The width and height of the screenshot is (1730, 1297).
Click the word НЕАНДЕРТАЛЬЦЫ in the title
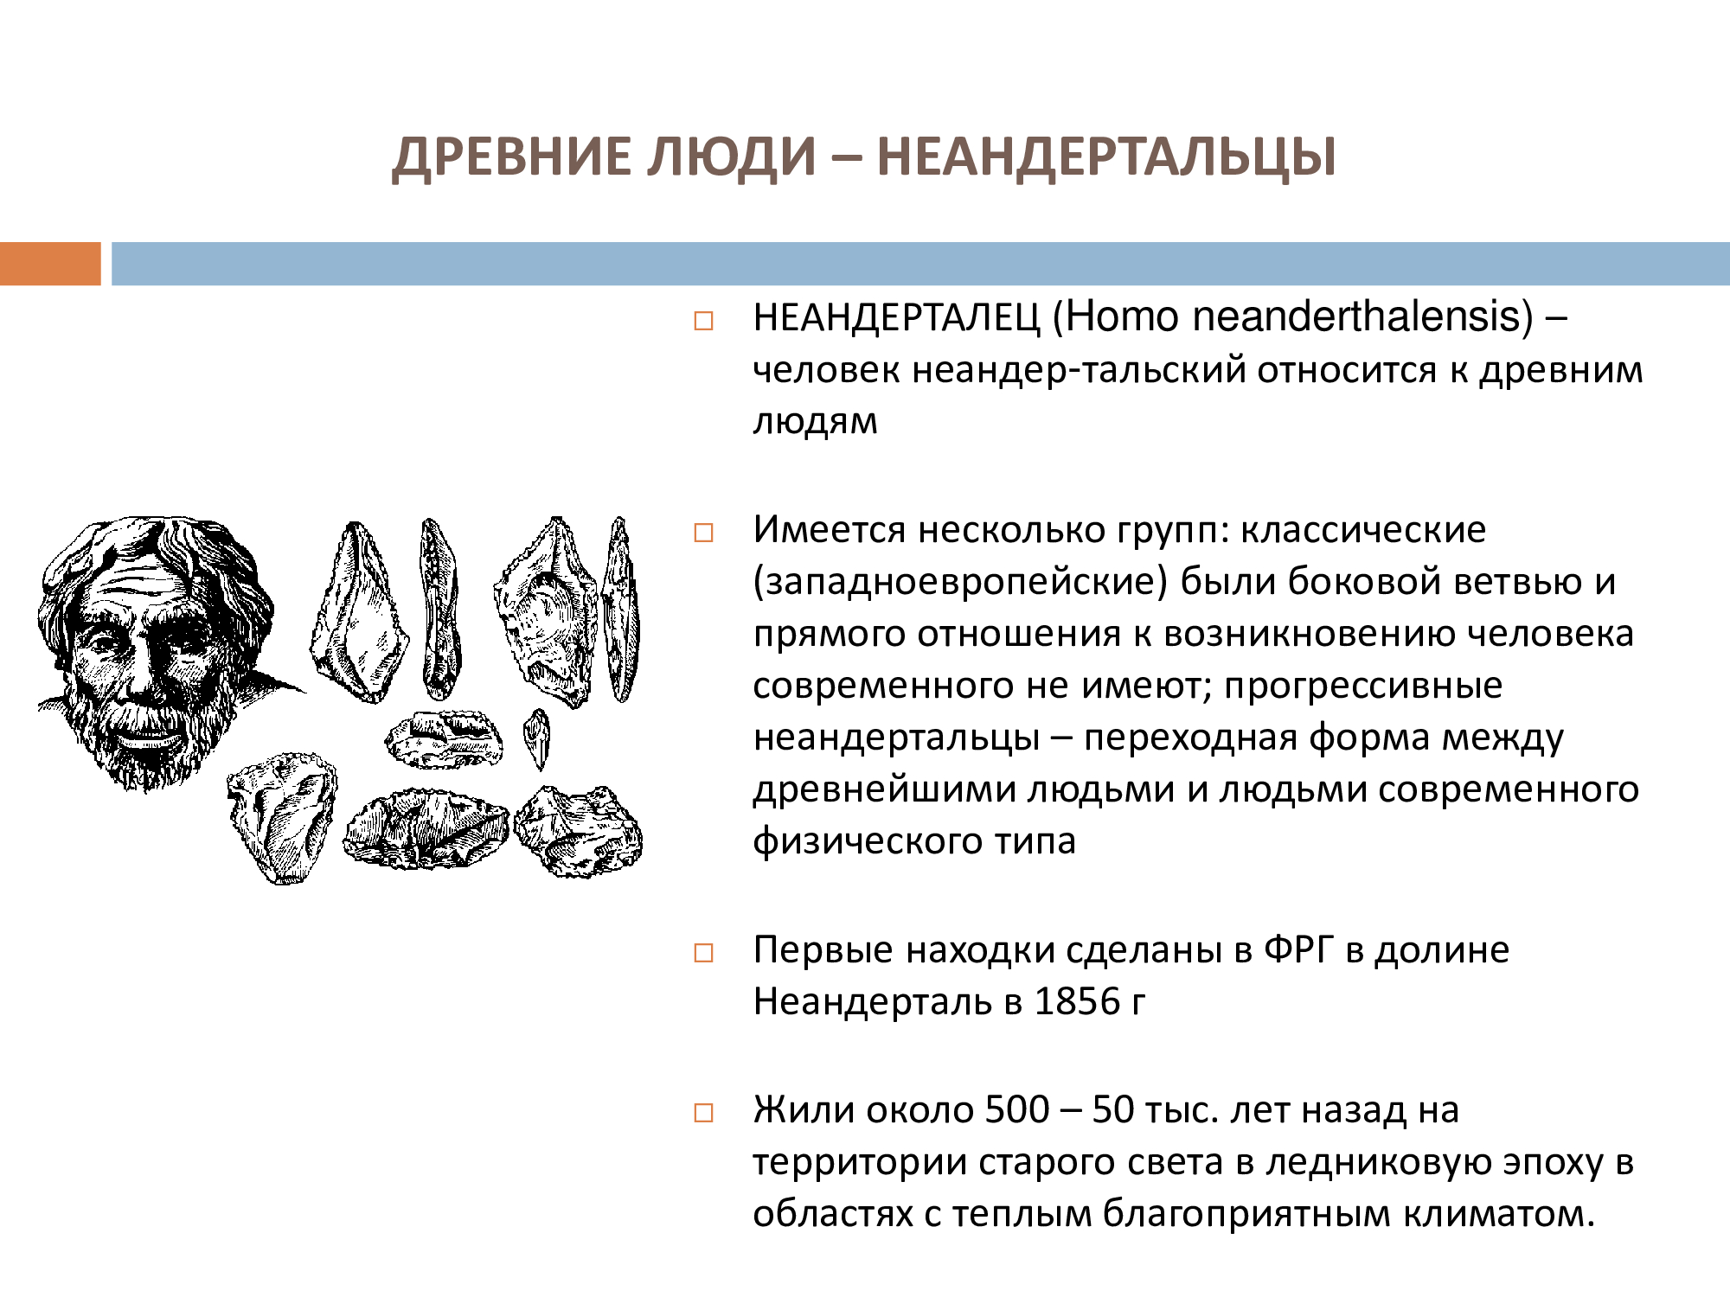[x=1107, y=157]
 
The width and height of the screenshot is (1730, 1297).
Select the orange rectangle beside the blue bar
[x=50, y=264]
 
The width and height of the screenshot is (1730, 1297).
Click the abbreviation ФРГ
[x=1299, y=949]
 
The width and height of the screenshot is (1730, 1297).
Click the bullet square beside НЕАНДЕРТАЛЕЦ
[x=704, y=322]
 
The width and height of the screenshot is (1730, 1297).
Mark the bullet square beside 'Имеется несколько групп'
[x=704, y=533]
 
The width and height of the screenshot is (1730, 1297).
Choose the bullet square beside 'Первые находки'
[x=704, y=954]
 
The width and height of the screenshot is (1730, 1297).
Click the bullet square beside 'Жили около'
[x=704, y=1113]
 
